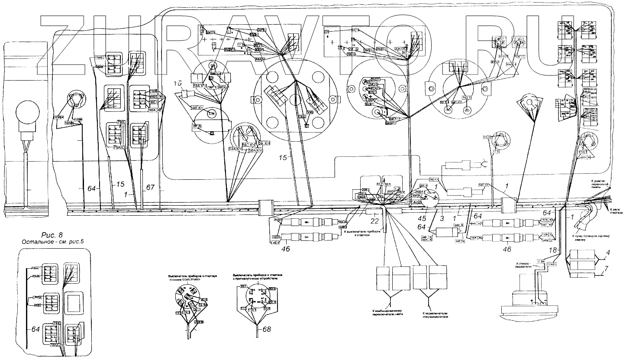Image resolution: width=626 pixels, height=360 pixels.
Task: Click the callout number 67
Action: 150,188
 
